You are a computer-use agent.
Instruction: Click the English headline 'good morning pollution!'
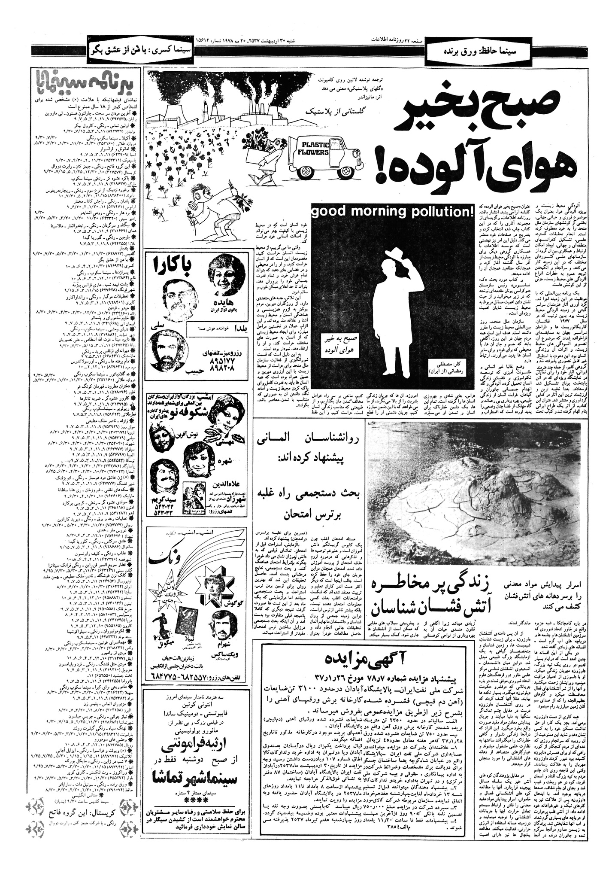point(393,212)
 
